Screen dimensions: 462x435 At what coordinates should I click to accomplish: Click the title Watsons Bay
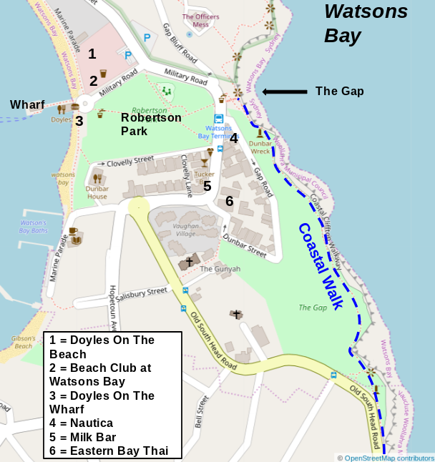click(x=366, y=23)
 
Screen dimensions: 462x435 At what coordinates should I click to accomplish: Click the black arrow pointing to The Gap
click(x=283, y=92)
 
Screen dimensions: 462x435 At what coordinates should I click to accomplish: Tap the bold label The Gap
click(x=339, y=92)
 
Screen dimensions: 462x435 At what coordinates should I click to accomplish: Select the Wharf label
click(x=27, y=105)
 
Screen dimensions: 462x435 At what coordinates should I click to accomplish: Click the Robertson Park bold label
click(x=150, y=124)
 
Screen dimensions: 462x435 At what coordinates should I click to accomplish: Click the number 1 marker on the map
click(x=92, y=54)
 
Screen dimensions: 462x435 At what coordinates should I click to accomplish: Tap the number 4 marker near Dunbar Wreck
click(x=233, y=139)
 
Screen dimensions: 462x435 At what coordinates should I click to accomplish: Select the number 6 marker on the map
click(x=229, y=201)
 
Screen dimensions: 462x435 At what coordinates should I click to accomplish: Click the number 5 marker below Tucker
click(x=207, y=186)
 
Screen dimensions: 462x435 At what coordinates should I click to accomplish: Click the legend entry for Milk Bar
click(x=82, y=437)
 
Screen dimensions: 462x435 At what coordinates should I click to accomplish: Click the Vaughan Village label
click(x=185, y=230)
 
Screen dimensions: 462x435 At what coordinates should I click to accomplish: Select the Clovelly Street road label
click(x=129, y=161)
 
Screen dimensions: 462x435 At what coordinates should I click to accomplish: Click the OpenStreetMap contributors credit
click(x=388, y=458)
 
